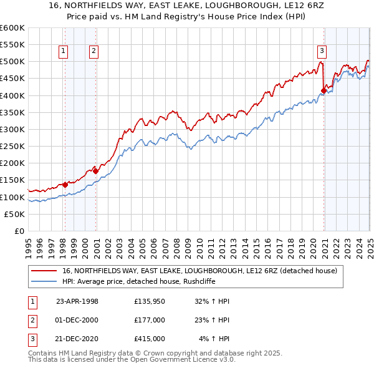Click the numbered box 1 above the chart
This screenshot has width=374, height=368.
pyautogui.click(x=64, y=52)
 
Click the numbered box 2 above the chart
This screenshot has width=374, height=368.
pyautogui.click(x=93, y=52)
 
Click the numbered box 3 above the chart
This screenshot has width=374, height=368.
pyautogui.click(x=322, y=52)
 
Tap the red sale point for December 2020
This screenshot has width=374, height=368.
pyautogui.click(x=324, y=90)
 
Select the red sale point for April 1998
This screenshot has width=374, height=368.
pyautogui.click(x=65, y=185)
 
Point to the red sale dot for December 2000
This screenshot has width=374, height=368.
pyautogui.click(x=95, y=170)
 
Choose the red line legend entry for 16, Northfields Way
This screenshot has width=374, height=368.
pyautogui.click(x=199, y=271)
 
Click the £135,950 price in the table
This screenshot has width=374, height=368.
pyautogui.click(x=149, y=301)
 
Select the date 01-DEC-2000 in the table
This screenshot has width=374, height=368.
pyautogui.click(x=77, y=320)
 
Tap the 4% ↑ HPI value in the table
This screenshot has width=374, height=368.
pyautogui.click(x=214, y=339)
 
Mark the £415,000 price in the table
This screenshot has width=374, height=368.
pyautogui.click(x=149, y=339)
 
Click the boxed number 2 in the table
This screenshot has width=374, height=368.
pyautogui.click(x=32, y=320)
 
